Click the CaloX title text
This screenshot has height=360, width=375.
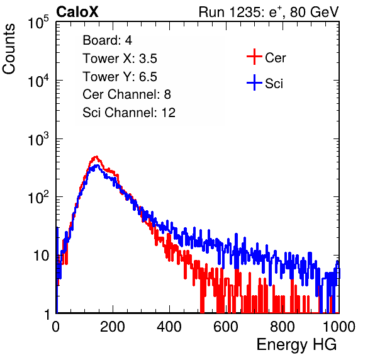coord(77,12)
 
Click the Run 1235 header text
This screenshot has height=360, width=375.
coord(269,12)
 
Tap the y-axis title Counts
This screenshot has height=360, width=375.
coord(9,49)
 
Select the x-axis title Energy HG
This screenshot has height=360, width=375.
coord(296,344)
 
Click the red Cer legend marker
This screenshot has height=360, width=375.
coord(254,57)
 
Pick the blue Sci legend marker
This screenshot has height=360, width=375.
coord(254,82)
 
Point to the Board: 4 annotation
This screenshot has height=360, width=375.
coord(107,40)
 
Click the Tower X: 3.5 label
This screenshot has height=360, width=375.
coord(120,59)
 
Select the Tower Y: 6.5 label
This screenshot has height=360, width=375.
coord(120,77)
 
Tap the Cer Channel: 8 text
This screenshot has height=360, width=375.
coord(126,94)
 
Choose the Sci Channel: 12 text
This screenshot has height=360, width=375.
coord(129,113)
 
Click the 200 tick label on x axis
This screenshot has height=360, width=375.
coord(113,327)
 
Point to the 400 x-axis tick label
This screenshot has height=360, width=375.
coord(169,327)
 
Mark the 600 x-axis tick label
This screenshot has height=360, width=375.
coord(226,327)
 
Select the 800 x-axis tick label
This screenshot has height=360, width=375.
coord(283,327)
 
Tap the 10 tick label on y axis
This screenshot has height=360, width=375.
coord(41,256)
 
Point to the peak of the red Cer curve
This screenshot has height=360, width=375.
coord(96,157)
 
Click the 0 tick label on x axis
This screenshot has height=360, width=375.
coord(56,327)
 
